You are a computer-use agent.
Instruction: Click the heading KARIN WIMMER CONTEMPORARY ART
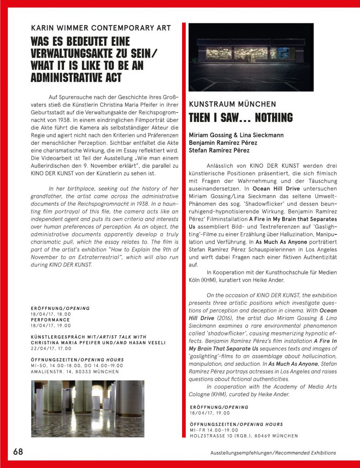(x=101, y=28)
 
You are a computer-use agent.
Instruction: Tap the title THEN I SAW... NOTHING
(x=241, y=117)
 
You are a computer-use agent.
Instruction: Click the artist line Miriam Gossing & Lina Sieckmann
(x=236, y=135)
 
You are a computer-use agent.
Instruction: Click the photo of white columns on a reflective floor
(x=87, y=402)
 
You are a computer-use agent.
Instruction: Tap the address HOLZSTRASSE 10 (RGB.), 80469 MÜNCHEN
(x=244, y=436)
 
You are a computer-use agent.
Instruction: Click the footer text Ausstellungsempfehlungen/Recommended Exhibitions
(x=270, y=453)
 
